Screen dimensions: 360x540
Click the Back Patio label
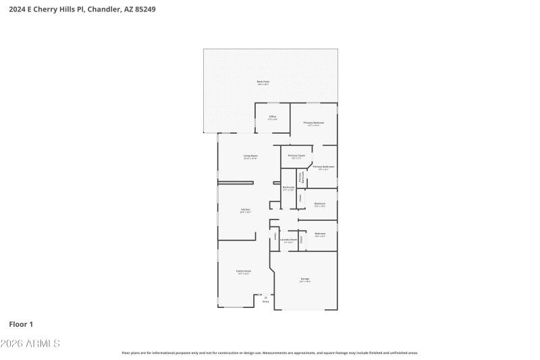pos(263,82)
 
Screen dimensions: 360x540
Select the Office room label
pos(273,117)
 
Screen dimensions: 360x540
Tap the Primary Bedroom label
pos(314,123)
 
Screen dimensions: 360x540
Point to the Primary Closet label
pos(296,156)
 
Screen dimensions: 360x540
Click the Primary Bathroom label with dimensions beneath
pos(323,167)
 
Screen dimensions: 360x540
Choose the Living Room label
pos(250,156)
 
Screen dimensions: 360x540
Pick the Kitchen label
pos(246,210)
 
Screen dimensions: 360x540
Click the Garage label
pos(304,279)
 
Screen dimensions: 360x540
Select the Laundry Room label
pos(289,240)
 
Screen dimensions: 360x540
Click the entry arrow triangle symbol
pos(265,297)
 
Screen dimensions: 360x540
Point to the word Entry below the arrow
pos(265,302)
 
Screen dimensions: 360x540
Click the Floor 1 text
pos(22,324)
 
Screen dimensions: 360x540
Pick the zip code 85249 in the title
pos(154,9)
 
